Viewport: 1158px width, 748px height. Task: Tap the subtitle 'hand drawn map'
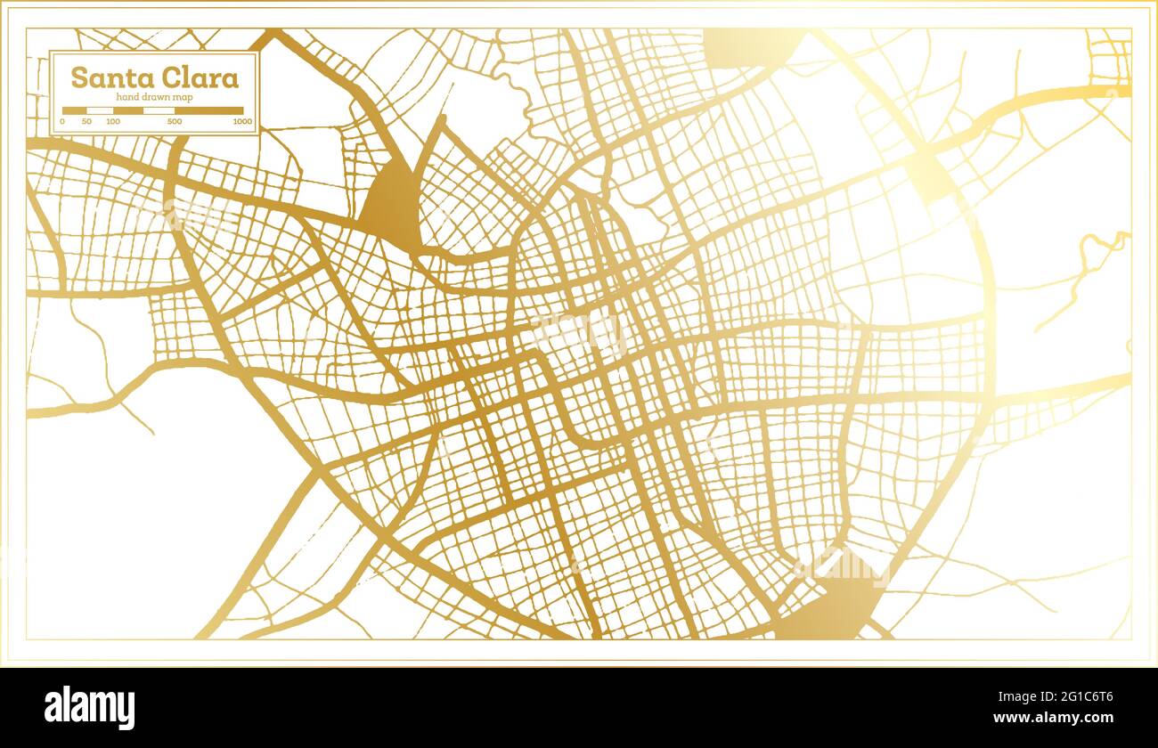(155, 97)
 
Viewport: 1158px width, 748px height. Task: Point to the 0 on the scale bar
(62, 121)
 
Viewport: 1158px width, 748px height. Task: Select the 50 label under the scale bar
(86, 121)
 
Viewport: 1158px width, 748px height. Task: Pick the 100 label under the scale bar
(113, 121)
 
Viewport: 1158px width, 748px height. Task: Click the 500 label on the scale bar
(175, 121)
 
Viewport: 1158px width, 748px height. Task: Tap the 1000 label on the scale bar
(242, 121)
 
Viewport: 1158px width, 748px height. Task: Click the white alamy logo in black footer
(90, 707)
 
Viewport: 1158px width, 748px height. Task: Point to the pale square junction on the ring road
(932, 174)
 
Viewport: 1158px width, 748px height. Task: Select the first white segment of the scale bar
(100, 110)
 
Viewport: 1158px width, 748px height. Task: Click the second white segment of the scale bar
(159, 110)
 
